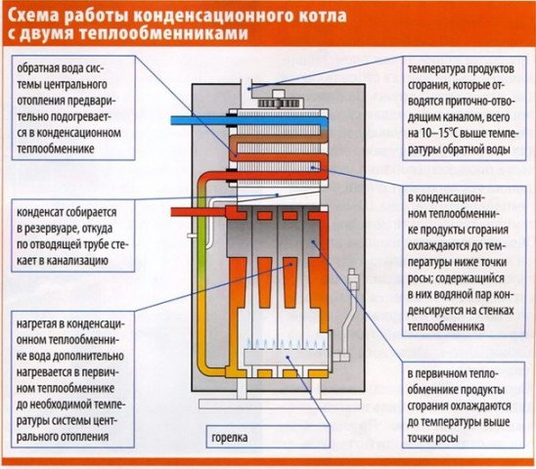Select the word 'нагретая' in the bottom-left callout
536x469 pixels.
tap(46, 320)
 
